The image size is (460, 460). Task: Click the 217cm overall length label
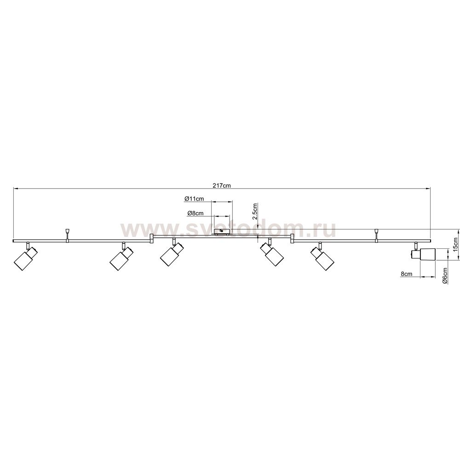[x=222, y=185]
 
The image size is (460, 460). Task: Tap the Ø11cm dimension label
[x=194, y=199]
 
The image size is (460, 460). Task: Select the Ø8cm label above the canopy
[x=195, y=213]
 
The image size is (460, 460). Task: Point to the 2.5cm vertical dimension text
[x=255, y=211]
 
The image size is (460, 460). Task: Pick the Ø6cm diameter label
[x=445, y=276]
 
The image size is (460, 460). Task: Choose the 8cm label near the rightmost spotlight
[x=406, y=274]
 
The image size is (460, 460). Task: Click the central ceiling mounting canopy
[x=222, y=232]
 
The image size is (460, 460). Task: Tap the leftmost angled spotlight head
[x=26, y=258]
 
